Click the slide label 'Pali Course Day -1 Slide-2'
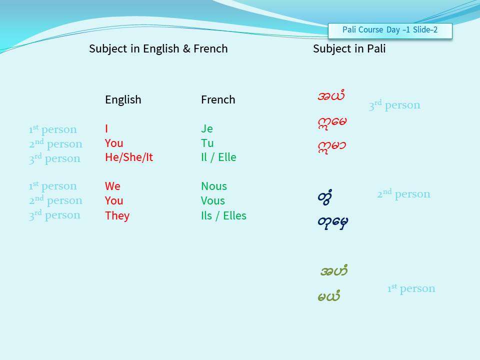point(389,30)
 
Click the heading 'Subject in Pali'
point(349,48)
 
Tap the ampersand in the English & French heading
point(186,48)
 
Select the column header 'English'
point(123,100)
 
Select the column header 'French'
point(218,100)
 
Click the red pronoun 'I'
point(106,128)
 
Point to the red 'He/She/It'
point(129,157)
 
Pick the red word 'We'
point(112,186)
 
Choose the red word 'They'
point(117,215)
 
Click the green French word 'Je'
point(207,128)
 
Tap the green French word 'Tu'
point(207,143)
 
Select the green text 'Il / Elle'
point(218,157)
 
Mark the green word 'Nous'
point(214,186)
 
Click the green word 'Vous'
point(213,201)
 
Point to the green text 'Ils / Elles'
point(224,215)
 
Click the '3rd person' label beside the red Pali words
point(394,105)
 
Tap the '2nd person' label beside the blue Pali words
point(403,194)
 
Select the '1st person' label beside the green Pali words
point(411,288)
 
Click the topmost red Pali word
point(331,95)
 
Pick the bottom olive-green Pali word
point(329,295)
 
